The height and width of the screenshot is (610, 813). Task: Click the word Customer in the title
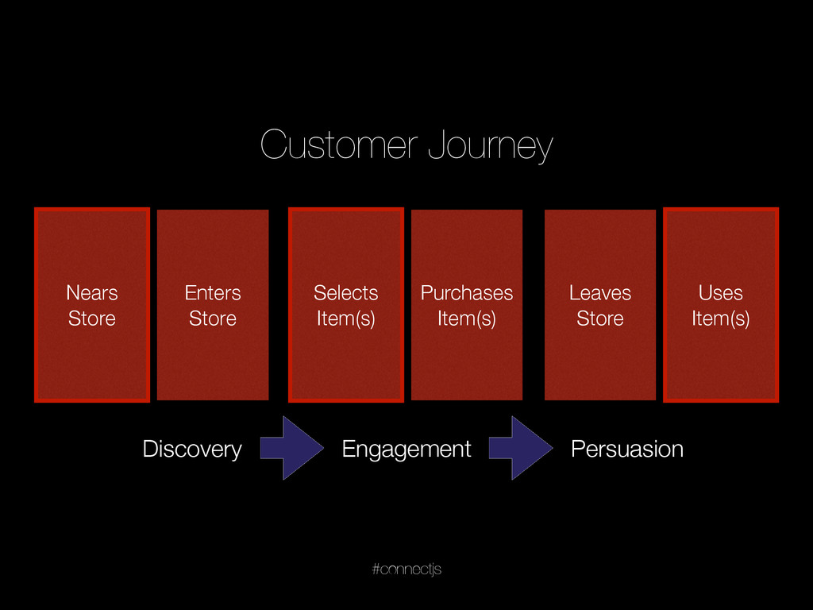[x=338, y=145]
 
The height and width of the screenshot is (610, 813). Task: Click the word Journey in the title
[x=491, y=146]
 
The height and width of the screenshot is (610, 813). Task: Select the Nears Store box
[x=92, y=305]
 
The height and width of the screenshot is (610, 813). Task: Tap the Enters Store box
[x=213, y=305]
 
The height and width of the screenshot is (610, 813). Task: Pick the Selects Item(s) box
[x=346, y=305]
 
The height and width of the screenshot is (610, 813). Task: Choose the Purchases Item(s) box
[x=467, y=305]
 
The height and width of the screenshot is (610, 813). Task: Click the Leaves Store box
[x=600, y=305]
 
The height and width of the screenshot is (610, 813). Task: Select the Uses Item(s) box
[x=721, y=305]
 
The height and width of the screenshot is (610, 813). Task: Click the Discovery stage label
[x=192, y=450]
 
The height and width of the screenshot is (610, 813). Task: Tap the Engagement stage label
[x=406, y=450]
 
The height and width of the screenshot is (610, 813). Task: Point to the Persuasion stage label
[x=627, y=450]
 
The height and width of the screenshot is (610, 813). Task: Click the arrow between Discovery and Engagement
[x=292, y=448]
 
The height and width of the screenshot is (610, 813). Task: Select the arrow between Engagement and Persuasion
[x=521, y=448]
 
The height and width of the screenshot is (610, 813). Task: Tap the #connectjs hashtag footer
[x=406, y=569]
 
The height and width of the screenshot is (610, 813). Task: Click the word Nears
[x=92, y=293]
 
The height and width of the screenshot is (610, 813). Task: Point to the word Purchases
[x=467, y=293]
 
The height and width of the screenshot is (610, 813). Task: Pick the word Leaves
[x=600, y=293]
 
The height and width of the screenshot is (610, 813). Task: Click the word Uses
[x=721, y=293]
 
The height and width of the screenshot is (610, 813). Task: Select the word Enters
[x=213, y=293]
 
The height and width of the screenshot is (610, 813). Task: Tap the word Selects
[x=346, y=293]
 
